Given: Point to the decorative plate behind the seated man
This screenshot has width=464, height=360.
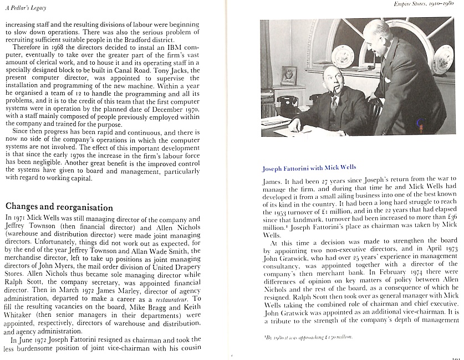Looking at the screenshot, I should tap(342, 56).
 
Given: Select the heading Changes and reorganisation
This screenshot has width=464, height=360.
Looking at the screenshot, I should tap(59, 207).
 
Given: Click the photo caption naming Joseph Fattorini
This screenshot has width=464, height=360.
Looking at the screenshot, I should tap(309, 167).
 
